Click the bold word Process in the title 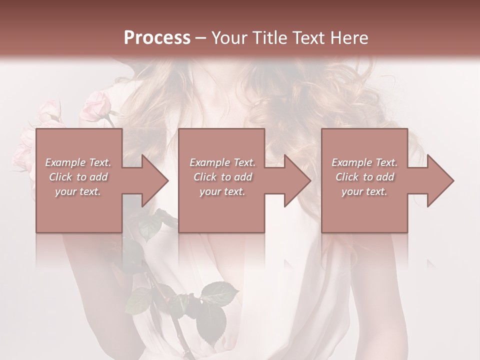(x=157, y=38)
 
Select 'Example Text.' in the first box (x=78, y=162)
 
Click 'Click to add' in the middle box (x=222, y=177)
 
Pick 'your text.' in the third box (x=364, y=191)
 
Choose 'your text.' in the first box (x=78, y=191)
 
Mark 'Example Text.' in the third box (x=364, y=162)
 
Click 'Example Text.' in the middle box (x=222, y=162)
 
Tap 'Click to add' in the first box (x=78, y=177)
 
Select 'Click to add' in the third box (x=364, y=177)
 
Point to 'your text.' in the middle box (x=222, y=191)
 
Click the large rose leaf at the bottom (x=211, y=315)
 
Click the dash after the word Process (x=200, y=38)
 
